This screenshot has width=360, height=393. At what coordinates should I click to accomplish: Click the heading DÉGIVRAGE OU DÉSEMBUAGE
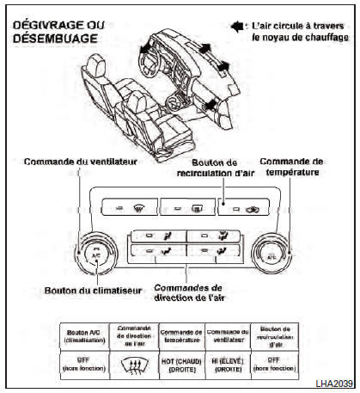tap(58, 32)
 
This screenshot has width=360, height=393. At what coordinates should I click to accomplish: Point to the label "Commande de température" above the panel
tap(293, 166)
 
